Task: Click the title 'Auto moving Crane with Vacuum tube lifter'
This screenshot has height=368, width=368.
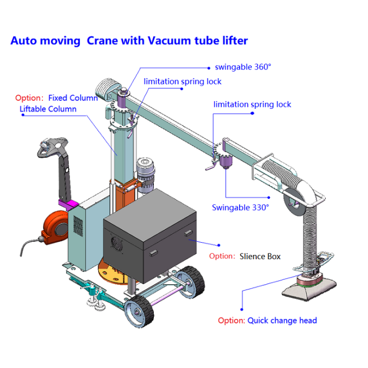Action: (x=129, y=41)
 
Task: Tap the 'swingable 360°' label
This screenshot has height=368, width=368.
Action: (x=243, y=66)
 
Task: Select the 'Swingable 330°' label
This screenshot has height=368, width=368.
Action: (x=240, y=208)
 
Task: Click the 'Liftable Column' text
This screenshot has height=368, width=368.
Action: (x=48, y=109)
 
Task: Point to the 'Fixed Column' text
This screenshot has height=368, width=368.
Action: (x=73, y=98)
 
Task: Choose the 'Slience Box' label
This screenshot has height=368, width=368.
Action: (x=260, y=256)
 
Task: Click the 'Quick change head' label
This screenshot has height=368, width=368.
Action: (x=282, y=320)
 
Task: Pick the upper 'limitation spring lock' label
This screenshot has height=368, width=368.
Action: (x=182, y=81)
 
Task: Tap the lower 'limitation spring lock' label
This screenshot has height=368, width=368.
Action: (x=252, y=104)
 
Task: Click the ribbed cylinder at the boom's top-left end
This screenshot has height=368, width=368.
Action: (x=108, y=89)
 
